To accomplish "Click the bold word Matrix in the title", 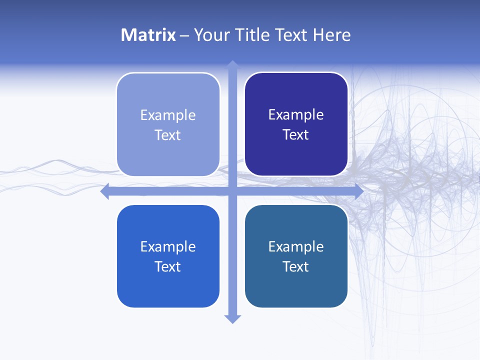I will [148, 35].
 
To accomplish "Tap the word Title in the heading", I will [248, 35].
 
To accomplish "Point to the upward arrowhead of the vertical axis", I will [232, 65].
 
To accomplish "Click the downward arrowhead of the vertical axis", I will [232, 318].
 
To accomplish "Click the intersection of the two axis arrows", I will [232, 191].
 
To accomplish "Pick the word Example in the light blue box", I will [168, 115].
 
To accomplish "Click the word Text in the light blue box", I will [168, 135].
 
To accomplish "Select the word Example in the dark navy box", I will [296, 115].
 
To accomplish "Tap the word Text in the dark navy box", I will [296, 135].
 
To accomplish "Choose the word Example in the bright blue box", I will [168, 246].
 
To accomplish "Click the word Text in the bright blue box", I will [168, 266].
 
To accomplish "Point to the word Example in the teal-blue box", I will [296, 246].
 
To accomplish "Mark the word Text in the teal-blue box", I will [296, 266].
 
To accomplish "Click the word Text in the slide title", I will [292, 35].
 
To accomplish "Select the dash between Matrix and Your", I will [184, 36].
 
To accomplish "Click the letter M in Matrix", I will [127, 35].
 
